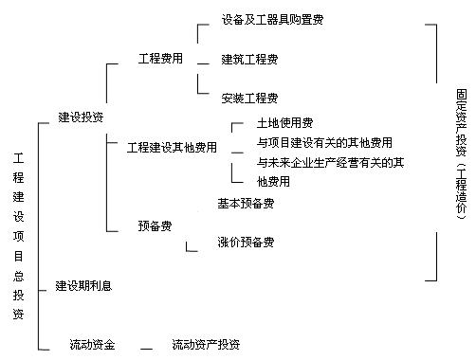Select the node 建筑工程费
(249, 60)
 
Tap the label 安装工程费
(249, 98)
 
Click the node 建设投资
(81, 117)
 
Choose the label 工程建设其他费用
(172, 148)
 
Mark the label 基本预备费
(246, 204)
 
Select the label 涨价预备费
(246, 243)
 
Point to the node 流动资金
(92, 344)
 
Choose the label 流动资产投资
(206, 344)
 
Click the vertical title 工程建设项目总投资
(18, 236)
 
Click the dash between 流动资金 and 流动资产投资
(147, 348)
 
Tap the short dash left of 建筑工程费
(204, 63)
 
